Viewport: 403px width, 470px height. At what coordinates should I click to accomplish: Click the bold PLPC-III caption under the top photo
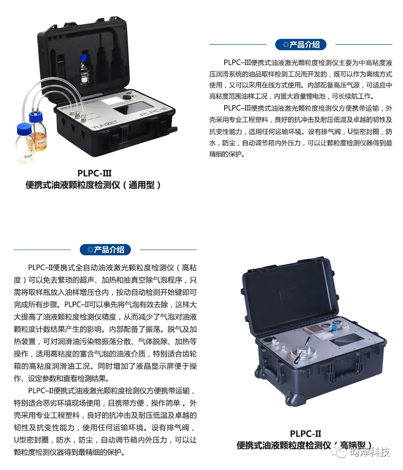[94, 173]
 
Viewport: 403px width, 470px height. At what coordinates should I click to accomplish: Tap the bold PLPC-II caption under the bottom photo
[305, 433]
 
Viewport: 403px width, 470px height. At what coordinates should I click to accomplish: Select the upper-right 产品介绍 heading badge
[301, 45]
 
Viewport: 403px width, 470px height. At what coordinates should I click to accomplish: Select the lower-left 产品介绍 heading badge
[105, 249]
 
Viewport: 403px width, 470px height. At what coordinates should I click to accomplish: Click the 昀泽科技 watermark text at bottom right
[369, 452]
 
